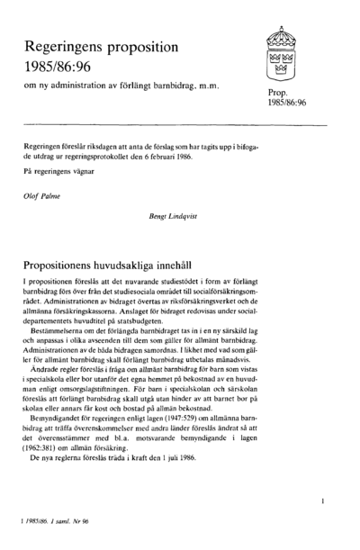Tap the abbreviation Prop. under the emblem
(275, 92)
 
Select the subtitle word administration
(100, 86)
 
